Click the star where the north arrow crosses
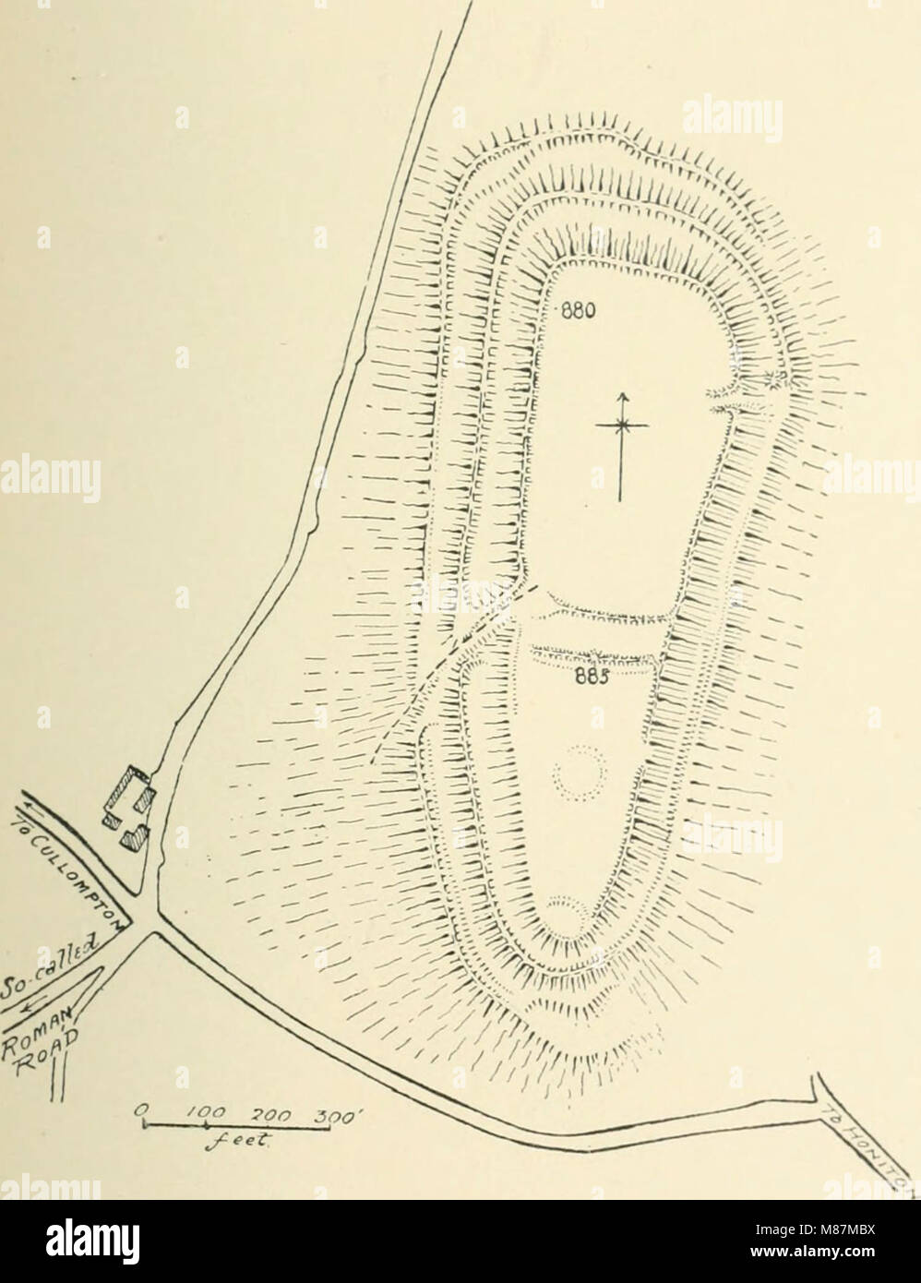pyautogui.click(x=624, y=425)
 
